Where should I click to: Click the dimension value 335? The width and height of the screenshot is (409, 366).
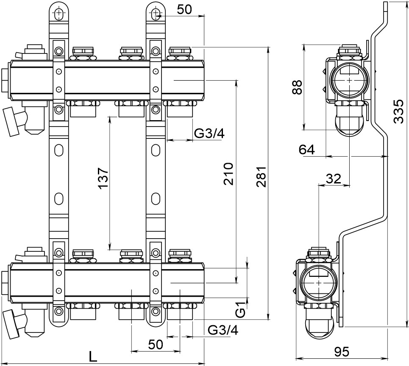[x=398, y=112]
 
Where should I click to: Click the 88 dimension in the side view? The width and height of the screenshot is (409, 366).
[x=298, y=87]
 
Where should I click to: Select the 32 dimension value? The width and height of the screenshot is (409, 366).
[x=334, y=179]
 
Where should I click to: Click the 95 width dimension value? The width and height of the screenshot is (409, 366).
[x=341, y=352]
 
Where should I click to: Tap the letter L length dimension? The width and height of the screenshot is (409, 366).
[x=93, y=356]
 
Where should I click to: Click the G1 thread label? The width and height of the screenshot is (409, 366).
[x=240, y=310]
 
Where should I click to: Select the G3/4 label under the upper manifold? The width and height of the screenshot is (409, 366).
[x=209, y=133]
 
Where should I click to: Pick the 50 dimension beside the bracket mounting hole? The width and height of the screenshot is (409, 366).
[x=184, y=10]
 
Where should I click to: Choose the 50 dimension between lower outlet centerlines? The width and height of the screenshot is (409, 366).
[x=156, y=344]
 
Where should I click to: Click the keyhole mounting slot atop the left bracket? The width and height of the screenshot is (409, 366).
[x=58, y=14]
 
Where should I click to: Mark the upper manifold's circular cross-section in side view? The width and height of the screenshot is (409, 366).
[x=348, y=80]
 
